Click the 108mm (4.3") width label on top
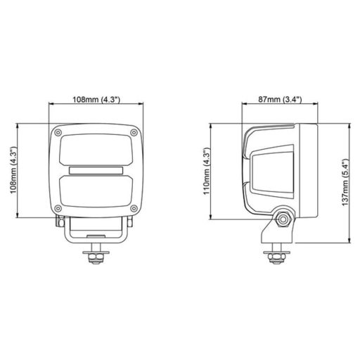pos(98,100)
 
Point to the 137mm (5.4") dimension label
pos(345,184)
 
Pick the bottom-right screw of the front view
pos(134,207)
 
